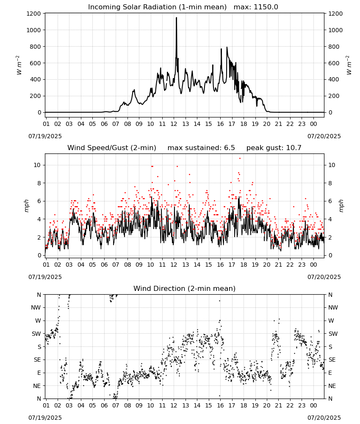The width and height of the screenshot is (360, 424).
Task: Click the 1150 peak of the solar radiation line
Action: (x=176, y=18)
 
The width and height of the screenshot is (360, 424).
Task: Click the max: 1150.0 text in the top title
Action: (x=256, y=7)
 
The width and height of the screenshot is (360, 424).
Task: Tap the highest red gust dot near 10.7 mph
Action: (x=240, y=159)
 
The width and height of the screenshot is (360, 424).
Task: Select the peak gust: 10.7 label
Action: (x=274, y=148)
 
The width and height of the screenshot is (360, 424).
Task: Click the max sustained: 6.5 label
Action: (x=201, y=148)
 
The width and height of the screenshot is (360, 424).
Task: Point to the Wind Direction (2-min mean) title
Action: (x=185, y=288)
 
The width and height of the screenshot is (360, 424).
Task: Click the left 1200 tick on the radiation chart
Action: (x=33, y=14)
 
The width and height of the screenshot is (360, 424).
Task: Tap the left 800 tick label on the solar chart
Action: (x=36, y=47)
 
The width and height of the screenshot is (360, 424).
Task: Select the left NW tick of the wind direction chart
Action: (x=36, y=307)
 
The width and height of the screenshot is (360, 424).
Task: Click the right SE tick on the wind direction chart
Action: (x=332, y=360)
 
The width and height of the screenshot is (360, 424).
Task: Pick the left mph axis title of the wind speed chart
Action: (x=26, y=206)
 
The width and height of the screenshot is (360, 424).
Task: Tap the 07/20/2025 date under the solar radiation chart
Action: (x=324, y=136)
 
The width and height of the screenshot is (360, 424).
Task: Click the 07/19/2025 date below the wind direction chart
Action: (x=45, y=418)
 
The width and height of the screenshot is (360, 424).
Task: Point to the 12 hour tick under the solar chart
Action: (x=174, y=124)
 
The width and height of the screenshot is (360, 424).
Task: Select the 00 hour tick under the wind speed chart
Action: (x=313, y=265)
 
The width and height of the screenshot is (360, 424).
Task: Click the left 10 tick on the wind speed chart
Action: (x=37, y=165)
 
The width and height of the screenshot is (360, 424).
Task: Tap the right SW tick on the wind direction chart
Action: (x=333, y=334)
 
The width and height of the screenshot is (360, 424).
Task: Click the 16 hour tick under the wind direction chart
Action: (x=220, y=405)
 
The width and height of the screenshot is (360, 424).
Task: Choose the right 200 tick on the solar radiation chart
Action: (x=334, y=96)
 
